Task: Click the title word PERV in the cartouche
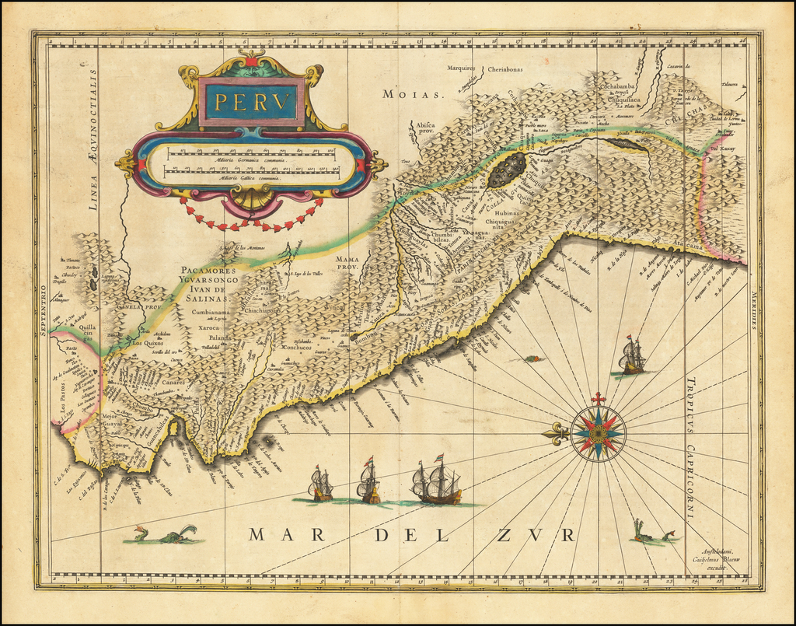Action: tap(251, 101)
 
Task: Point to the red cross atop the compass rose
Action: tap(598, 399)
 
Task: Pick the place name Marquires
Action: tap(462, 68)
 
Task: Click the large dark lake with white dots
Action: tap(508, 170)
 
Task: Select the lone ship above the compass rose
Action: tap(632, 356)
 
